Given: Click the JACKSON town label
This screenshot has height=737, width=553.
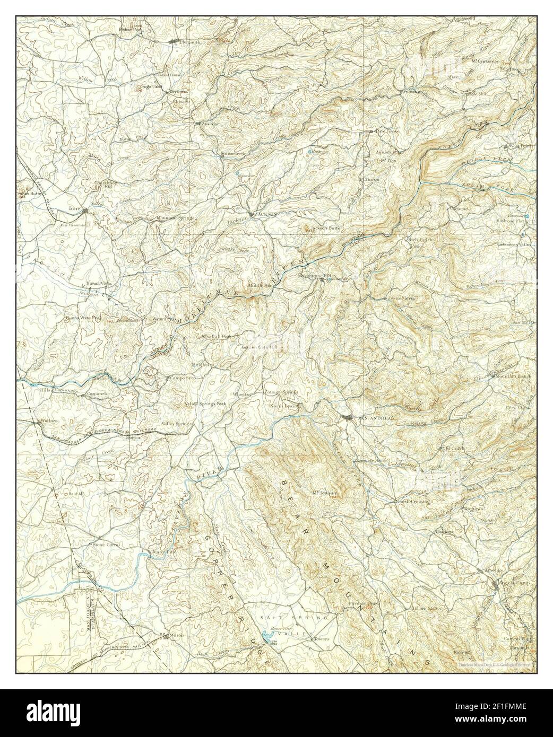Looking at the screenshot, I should tap(267, 214).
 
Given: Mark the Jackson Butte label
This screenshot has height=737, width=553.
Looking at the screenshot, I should tap(325, 228).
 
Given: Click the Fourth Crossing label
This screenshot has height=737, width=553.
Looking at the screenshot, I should tap(409, 501).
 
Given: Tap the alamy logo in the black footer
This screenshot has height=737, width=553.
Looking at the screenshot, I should tap(53, 710).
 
